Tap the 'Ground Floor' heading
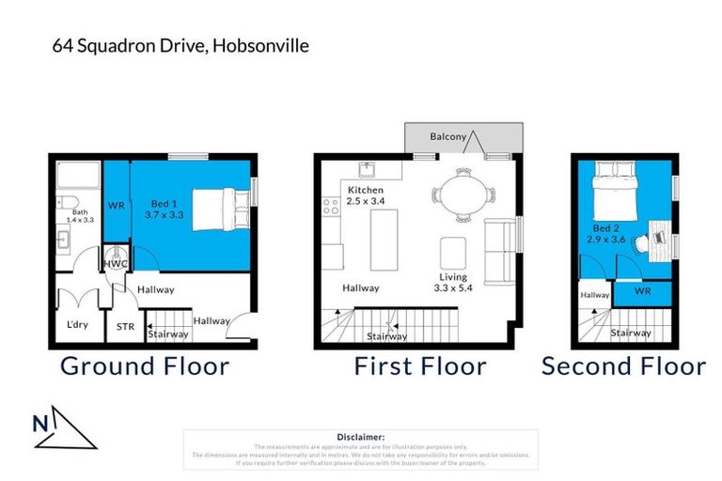145,366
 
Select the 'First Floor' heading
419,366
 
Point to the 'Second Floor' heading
623,366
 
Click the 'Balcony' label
448,137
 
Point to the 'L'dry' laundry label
77,326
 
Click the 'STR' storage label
126,327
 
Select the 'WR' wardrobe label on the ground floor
117,205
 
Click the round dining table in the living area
462,194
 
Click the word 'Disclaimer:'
360,437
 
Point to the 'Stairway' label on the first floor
386,336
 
